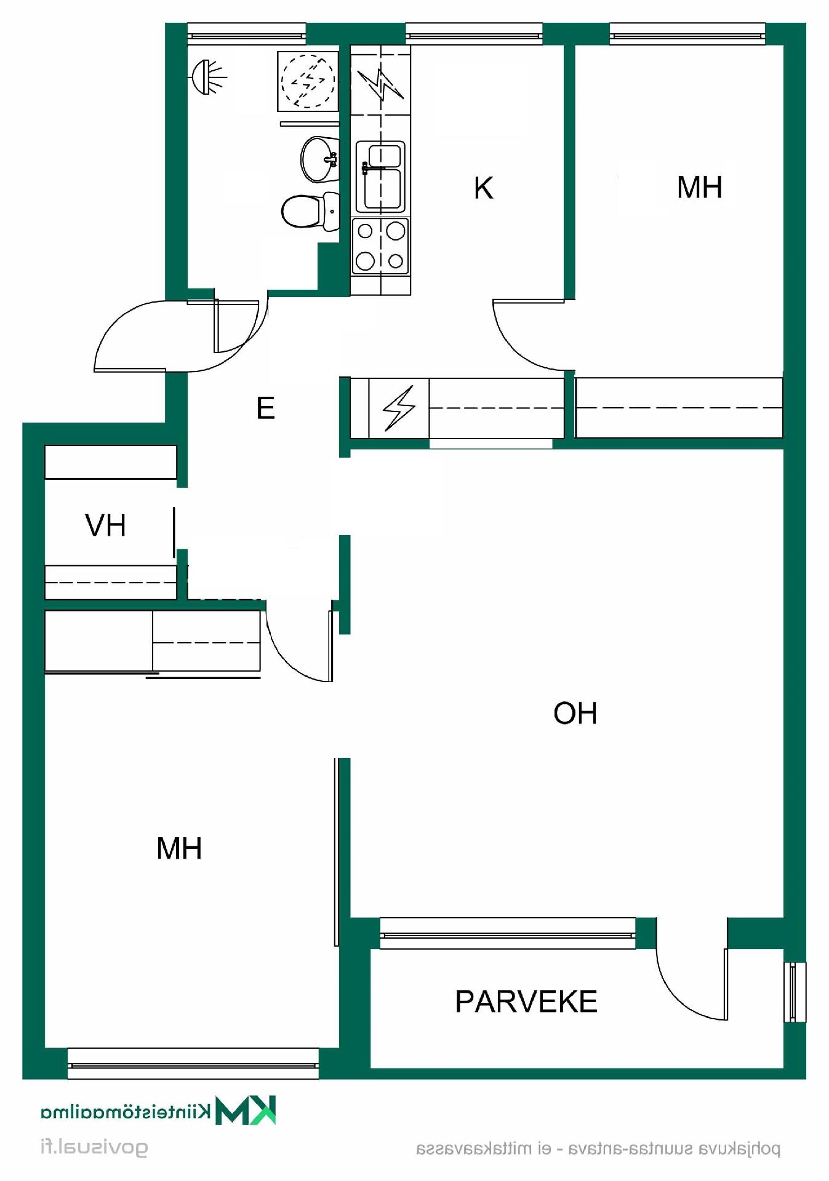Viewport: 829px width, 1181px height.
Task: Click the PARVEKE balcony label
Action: [526, 1001]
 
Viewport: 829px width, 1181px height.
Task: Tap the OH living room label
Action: [575, 713]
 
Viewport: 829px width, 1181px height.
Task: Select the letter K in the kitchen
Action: [484, 188]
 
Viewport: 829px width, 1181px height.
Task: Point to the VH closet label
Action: [105, 525]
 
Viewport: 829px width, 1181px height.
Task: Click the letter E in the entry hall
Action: [265, 408]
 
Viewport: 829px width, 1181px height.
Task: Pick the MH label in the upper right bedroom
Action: [699, 187]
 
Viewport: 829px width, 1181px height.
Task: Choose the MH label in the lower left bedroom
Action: [179, 848]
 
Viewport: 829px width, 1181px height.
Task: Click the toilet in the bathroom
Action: [310, 211]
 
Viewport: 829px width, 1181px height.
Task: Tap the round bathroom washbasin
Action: [319, 159]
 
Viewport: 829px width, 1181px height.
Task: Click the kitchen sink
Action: [381, 177]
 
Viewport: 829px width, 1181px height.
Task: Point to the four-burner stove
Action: [380, 246]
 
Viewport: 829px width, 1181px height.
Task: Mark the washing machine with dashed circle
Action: [308, 81]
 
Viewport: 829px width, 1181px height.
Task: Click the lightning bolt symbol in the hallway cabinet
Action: [399, 407]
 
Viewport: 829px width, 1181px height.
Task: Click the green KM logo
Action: [246, 1110]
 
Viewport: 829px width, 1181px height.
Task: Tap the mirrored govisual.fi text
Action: [94, 1148]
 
